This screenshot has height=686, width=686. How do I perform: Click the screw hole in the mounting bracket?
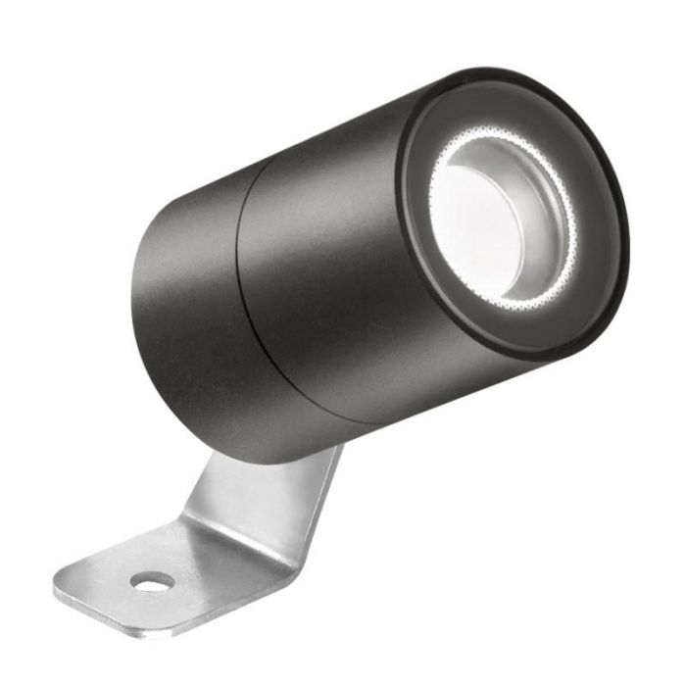point(152,582)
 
